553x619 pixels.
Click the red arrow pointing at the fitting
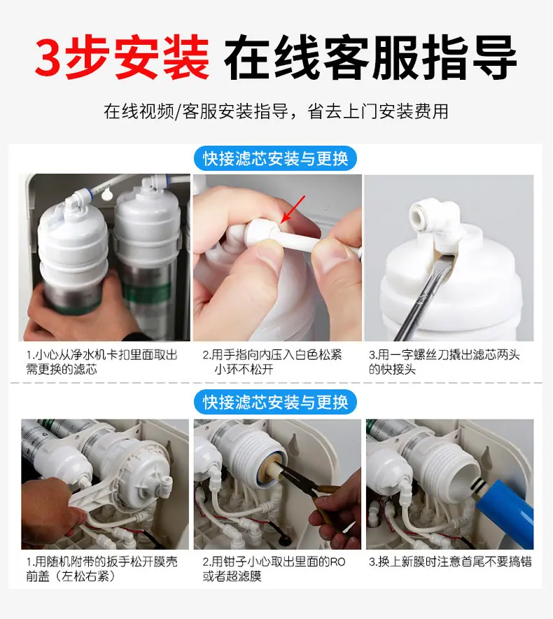(x=293, y=209)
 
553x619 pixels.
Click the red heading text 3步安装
(x=122, y=57)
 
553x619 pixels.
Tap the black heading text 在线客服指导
(x=370, y=57)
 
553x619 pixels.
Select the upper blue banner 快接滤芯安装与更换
(x=276, y=159)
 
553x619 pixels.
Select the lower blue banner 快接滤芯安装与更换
(x=276, y=402)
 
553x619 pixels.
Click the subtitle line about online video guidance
(x=276, y=111)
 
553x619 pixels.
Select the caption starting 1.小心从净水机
(x=101, y=362)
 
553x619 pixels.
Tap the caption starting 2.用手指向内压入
(x=272, y=362)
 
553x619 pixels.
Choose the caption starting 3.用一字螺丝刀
(x=444, y=362)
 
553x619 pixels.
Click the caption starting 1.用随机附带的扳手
(x=101, y=569)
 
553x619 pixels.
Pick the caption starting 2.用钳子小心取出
(x=274, y=569)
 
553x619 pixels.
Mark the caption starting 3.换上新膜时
(x=450, y=562)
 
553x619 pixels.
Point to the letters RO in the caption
(x=338, y=562)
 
